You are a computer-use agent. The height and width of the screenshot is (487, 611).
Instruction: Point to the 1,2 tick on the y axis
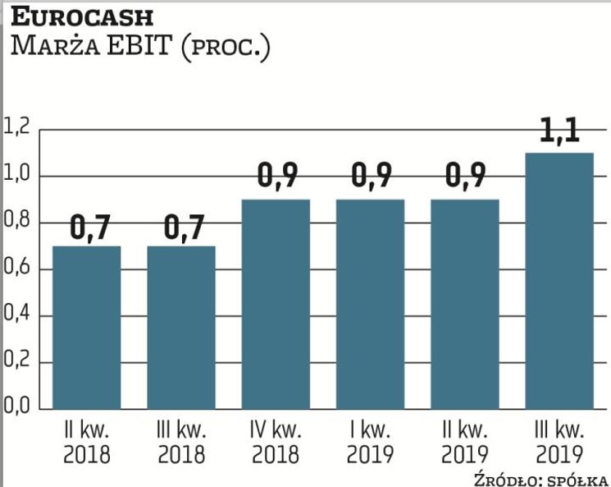(16, 128)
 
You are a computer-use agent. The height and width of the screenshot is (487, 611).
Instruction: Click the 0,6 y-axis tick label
(16, 268)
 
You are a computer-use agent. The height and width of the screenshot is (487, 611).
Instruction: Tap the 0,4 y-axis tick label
(16, 315)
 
